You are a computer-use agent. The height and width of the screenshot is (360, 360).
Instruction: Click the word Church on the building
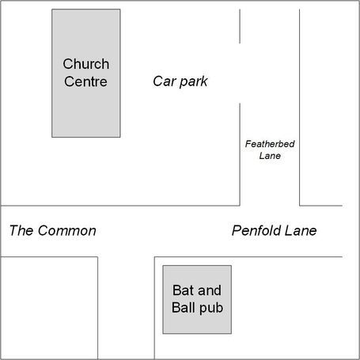[x=86, y=64]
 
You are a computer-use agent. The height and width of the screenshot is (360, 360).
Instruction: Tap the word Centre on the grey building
[x=85, y=81]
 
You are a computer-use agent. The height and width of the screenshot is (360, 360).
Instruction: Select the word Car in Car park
[x=165, y=81]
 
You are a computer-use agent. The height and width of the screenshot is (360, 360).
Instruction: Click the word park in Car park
[x=194, y=81]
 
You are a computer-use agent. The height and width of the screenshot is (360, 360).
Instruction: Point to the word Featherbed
[x=270, y=144]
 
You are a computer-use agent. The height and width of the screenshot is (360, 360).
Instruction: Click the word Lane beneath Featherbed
[x=270, y=156]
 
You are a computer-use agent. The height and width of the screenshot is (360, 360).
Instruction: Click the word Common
[x=67, y=230]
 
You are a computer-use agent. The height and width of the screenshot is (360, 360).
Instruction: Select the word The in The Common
[x=21, y=230]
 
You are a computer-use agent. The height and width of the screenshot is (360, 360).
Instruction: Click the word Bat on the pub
[x=182, y=290]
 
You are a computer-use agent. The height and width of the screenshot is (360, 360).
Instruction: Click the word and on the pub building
[x=210, y=290]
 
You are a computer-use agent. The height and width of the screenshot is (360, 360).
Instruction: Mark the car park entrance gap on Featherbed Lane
[x=240, y=74]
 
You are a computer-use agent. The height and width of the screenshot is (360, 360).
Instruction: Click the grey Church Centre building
[x=86, y=74]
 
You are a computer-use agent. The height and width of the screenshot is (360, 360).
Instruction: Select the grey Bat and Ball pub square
[x=197, y=300]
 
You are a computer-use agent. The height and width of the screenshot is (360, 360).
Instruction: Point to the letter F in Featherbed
[x=248, y=144]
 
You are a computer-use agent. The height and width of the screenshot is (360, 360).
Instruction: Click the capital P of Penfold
[x=237, y=230]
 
